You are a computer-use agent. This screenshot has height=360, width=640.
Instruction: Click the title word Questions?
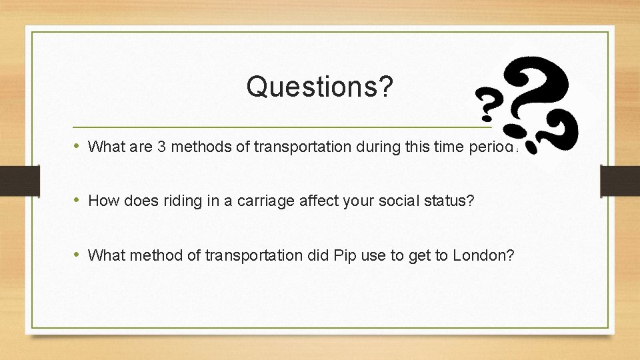tap(319, 86)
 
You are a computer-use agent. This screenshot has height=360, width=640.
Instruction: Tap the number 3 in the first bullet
tap(161, 146)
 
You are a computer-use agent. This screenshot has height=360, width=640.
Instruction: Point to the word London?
tap(483, 255)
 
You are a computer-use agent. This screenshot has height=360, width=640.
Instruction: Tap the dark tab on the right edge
tap(620, 181)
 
